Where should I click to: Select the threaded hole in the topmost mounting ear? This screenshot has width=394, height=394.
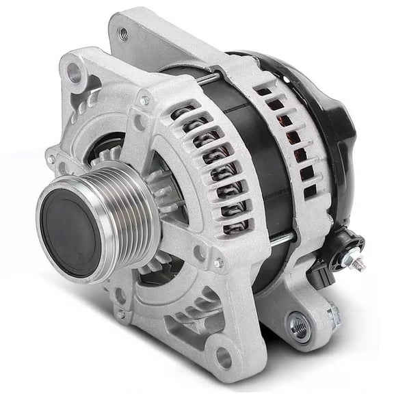[123, 32]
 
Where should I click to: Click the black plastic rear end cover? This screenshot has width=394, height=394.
[335, 116]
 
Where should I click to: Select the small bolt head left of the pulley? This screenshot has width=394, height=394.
[51, 159]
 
